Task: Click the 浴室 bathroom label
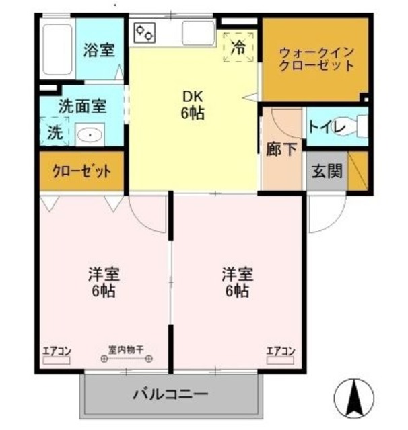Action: (99, 50)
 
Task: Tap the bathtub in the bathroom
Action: (58, 51)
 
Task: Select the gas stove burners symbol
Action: (145, 32)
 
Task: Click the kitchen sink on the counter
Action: (198, 32)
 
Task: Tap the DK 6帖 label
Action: (192, 105)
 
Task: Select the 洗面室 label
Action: (81, 105)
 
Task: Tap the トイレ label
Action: (327, 126)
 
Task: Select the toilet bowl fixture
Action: (360, 127)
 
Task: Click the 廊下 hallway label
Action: (281, 149)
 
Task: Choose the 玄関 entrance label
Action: (327, 171)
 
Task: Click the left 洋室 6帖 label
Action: (104, 282)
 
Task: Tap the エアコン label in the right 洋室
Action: (281, 350)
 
